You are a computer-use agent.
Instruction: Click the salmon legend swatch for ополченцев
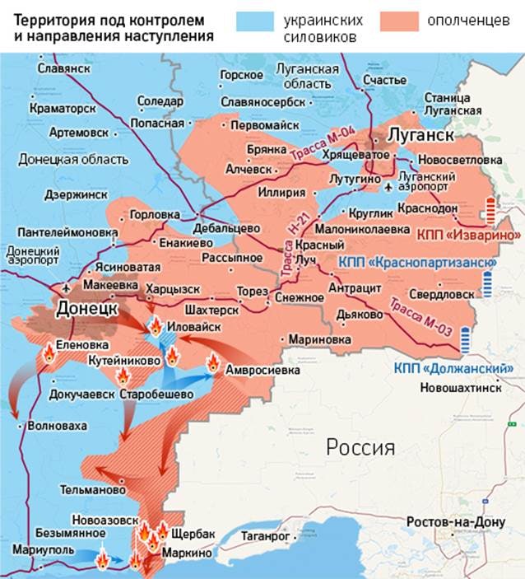point(401,21)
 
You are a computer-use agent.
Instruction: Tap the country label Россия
point(360,447)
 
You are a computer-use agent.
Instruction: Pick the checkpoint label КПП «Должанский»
point(453,368)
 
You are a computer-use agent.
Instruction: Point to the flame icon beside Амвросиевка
point(212,362)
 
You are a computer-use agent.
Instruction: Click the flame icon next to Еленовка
point(48,354)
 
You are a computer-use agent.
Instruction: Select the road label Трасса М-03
point(420,316)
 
